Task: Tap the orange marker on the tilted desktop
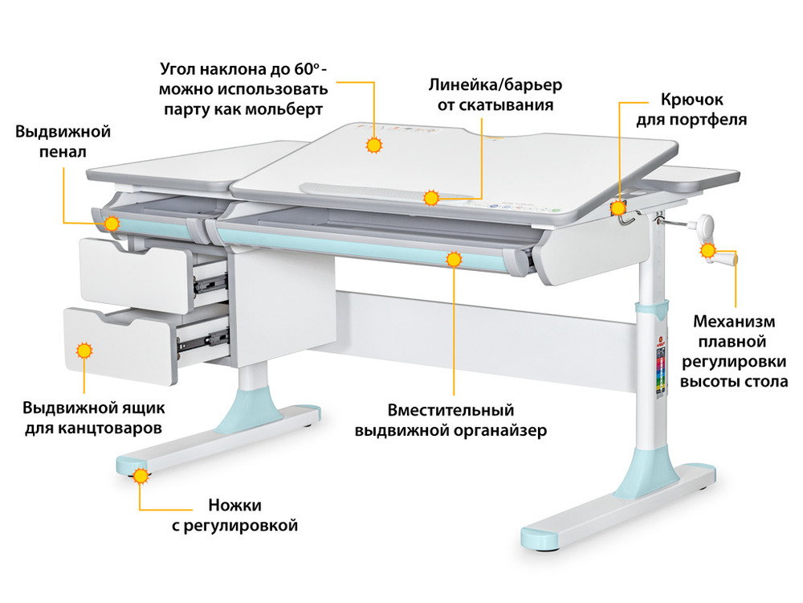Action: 373,146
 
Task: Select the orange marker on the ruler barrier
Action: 431,198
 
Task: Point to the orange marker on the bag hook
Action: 619,209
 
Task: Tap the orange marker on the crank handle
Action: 708,251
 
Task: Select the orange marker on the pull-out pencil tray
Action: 112,223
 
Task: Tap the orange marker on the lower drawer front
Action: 84,351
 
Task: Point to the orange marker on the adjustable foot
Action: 141,476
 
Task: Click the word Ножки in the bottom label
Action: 234,505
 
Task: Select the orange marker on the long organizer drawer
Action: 454,259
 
